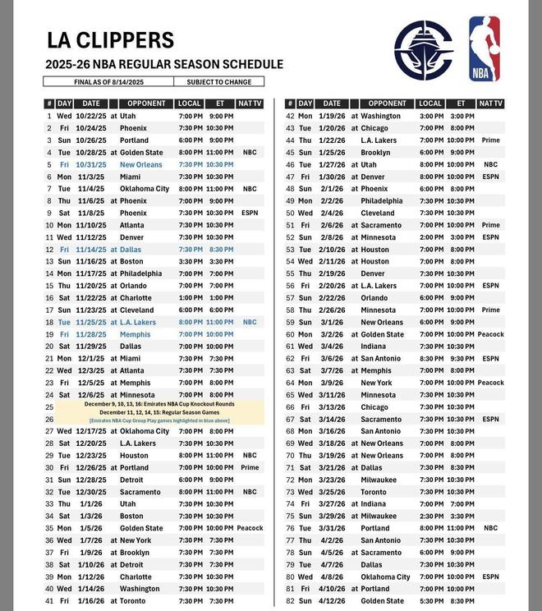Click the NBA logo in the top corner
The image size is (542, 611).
click(484, 48)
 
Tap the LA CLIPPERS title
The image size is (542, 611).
click(110, 39)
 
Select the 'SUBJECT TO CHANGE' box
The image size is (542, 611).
click(218, 82)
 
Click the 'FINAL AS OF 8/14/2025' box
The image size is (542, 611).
click(108, 82)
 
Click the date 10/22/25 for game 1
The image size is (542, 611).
click(90, 116)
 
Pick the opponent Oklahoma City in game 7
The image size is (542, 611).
click(145, 189)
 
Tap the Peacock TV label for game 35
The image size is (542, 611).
click(250, 528)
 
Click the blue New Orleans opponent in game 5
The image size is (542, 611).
click(140, 164)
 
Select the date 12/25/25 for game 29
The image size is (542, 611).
click(90, 455)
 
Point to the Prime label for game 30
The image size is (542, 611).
click(250, 467)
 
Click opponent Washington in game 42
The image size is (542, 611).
click(380, 116)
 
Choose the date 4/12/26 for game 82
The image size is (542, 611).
click(332, 601)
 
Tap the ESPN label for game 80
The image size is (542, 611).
click(490, 577)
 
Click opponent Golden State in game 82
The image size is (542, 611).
click(383, 601)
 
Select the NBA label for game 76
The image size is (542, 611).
click(490, 528)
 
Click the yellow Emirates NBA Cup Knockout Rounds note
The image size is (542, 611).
click(158, 404)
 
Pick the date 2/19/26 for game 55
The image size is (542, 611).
click(332, 273)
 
